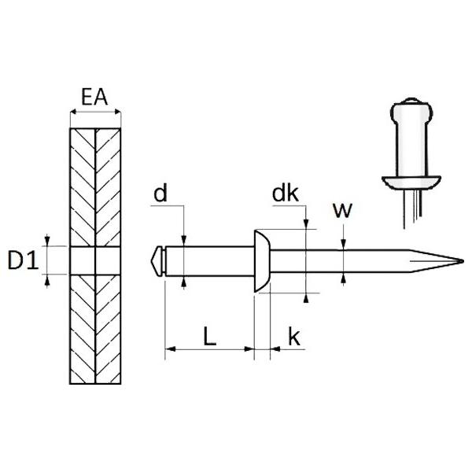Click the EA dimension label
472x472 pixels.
pos(94,97)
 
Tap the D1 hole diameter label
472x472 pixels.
pos(23,260)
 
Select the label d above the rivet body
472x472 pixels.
pos(160,194)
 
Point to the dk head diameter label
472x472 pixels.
pos(286,194)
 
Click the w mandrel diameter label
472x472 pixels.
pos(342,210)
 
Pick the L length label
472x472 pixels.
pos(210,336)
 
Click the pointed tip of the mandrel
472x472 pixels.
pos(463,261)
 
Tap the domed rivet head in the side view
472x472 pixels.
pos(262,261)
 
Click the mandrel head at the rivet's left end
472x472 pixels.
pos(157,261)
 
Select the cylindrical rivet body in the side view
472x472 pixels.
pos(210,261)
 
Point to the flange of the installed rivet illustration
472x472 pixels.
pos(411,183)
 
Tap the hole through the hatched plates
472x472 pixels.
pos(95,260)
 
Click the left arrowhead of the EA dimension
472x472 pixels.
pos(73,112)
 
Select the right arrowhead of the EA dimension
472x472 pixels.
pos(117,112)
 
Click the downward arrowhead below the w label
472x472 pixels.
pos(344,245)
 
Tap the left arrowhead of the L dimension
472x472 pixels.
pos(170,349)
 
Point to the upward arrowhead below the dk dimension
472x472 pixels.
pos(306,297)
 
